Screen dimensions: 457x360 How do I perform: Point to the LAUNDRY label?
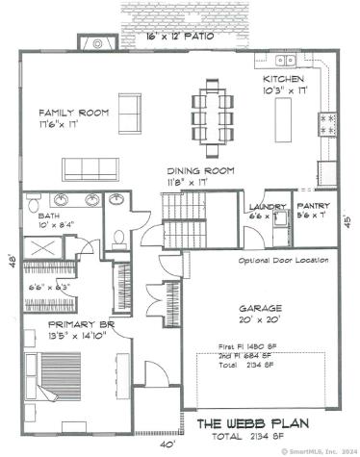264,207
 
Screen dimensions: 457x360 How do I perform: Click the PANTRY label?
312,206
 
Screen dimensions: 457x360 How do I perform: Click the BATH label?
49,216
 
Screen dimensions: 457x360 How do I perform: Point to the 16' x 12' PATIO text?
180,36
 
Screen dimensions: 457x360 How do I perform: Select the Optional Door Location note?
284,261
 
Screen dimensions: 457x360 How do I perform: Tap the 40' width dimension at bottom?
168,444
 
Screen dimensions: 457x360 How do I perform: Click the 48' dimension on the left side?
13,261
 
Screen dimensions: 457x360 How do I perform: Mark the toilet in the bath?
118,238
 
